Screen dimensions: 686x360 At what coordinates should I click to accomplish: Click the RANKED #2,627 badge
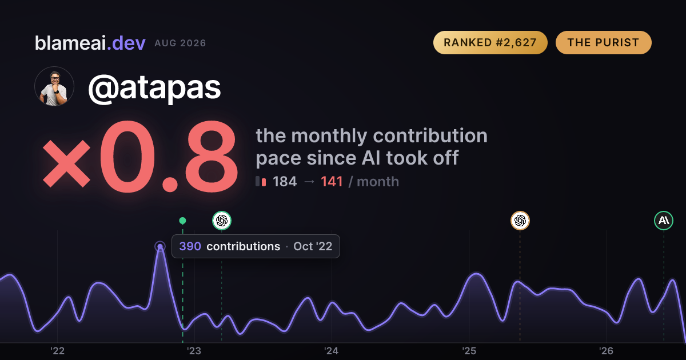(490, 42)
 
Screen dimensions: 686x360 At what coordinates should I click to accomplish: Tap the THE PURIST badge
(603, 42)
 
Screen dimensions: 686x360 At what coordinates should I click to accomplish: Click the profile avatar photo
(54, 86)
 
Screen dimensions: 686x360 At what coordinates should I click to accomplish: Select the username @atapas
(154, 88)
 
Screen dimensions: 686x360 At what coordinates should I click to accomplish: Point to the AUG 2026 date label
(180, 43)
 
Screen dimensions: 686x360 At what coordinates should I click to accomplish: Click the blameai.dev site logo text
(90, 43)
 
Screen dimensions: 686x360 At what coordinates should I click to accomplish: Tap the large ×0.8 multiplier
(140, 156)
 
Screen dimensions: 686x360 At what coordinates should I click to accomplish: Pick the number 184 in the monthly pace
(285, 182)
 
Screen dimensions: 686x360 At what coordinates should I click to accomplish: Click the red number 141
(332, 182)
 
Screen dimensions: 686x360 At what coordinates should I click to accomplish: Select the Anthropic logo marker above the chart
(664, 221)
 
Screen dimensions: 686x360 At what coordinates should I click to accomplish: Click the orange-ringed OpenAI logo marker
(520, 221)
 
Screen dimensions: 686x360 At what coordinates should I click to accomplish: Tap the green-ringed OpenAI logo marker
(222, 221)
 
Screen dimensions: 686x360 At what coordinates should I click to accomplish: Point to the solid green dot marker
(182, 221)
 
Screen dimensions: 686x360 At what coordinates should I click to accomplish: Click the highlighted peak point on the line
(160, 246)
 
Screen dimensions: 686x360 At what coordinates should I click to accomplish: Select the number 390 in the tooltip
(190, 246)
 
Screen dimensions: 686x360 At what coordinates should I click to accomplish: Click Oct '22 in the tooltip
(313, 246)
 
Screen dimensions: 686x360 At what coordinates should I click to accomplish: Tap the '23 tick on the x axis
(194, 351)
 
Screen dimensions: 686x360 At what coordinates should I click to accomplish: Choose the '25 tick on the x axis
(469, 351)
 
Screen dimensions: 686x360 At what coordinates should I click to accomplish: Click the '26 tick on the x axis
(607, 351)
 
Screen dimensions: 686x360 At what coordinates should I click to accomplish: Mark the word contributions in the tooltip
(244, 246)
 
